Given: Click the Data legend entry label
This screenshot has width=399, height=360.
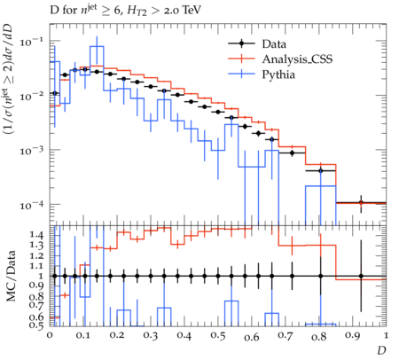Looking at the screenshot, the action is [x=274, y=44].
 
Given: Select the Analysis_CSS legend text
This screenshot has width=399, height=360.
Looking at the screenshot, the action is [x=297, y=59].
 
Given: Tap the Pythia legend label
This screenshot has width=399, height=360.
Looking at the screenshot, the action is [x=278, y=74].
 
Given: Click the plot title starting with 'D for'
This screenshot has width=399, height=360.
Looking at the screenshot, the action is [x=125, y=11].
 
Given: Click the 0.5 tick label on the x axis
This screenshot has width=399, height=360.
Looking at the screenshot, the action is [x=218, y=336].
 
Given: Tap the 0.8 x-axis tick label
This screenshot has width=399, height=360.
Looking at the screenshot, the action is [x=319, y=336].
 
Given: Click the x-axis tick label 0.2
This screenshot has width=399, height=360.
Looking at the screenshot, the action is [x=117, y=336].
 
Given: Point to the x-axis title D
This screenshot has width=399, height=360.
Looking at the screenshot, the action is [x=381, y=350].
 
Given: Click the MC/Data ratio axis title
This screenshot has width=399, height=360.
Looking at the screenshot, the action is [x=11, y=276].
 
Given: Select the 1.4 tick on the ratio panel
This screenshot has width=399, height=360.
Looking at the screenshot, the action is [x=37, y=235].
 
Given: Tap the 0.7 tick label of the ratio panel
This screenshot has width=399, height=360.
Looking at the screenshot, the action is [x=37, y=304].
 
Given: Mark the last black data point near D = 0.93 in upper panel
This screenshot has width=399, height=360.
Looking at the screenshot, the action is [x=361, y=203].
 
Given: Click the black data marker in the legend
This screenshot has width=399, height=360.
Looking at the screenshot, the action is [x=241, y=44].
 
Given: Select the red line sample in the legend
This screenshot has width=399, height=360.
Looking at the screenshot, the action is [x=241, y=59].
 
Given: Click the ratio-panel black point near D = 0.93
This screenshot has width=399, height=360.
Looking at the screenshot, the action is [x=361, y=276].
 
